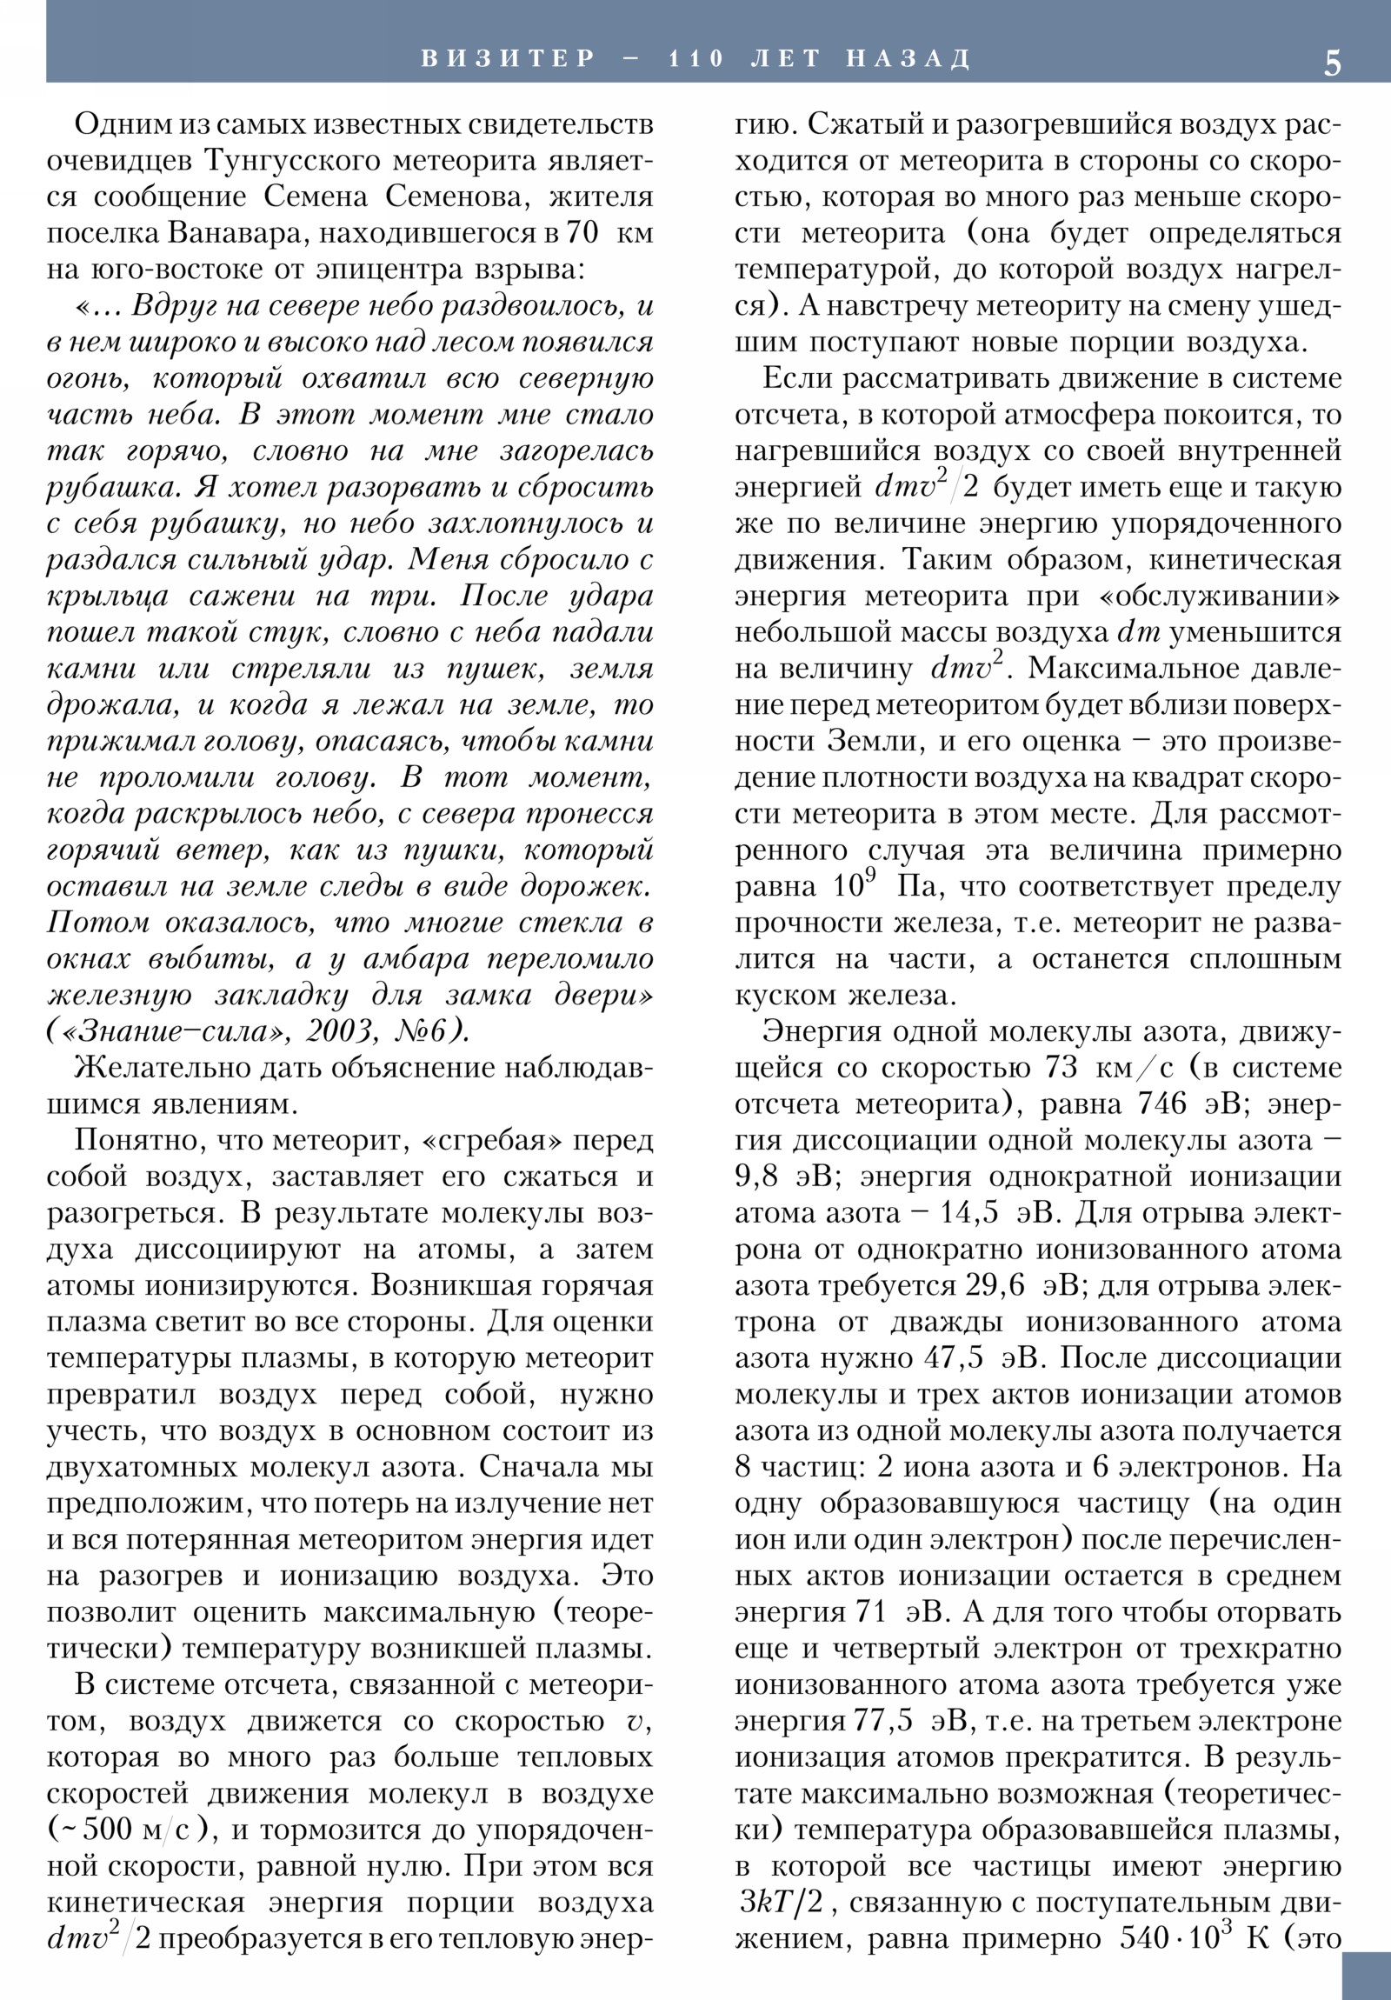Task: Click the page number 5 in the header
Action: (x=1333, y=63)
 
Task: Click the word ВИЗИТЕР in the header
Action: (x=509, y=59)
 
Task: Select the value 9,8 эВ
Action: (x=789, y=1177)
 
